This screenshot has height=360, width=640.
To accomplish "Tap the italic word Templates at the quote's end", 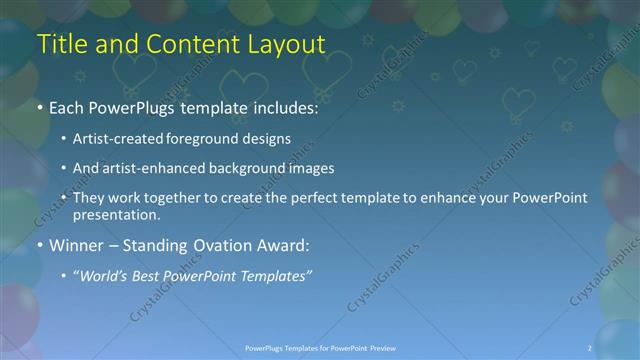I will click(x=275, y=275).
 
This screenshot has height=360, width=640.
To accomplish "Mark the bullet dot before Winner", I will click(x=39, y=246).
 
